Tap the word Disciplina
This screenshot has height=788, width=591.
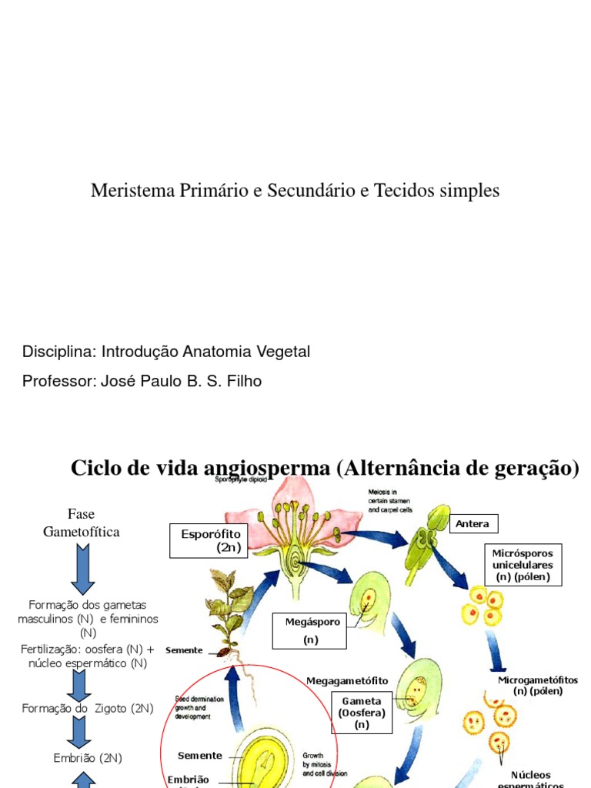click(58, 352)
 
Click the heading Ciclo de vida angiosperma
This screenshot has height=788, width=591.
click(201, 468)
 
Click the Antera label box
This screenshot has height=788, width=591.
click(473, 524)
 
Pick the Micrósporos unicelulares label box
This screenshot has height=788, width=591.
click(523, 565)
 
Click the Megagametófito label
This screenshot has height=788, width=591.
click(347, 680)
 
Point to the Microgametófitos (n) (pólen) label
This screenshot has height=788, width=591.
click(538, 685)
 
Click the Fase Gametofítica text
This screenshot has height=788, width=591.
click(82, 523)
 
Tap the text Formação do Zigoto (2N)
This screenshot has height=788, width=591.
click(88, 708)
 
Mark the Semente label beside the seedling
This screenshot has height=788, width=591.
click(184, 650)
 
